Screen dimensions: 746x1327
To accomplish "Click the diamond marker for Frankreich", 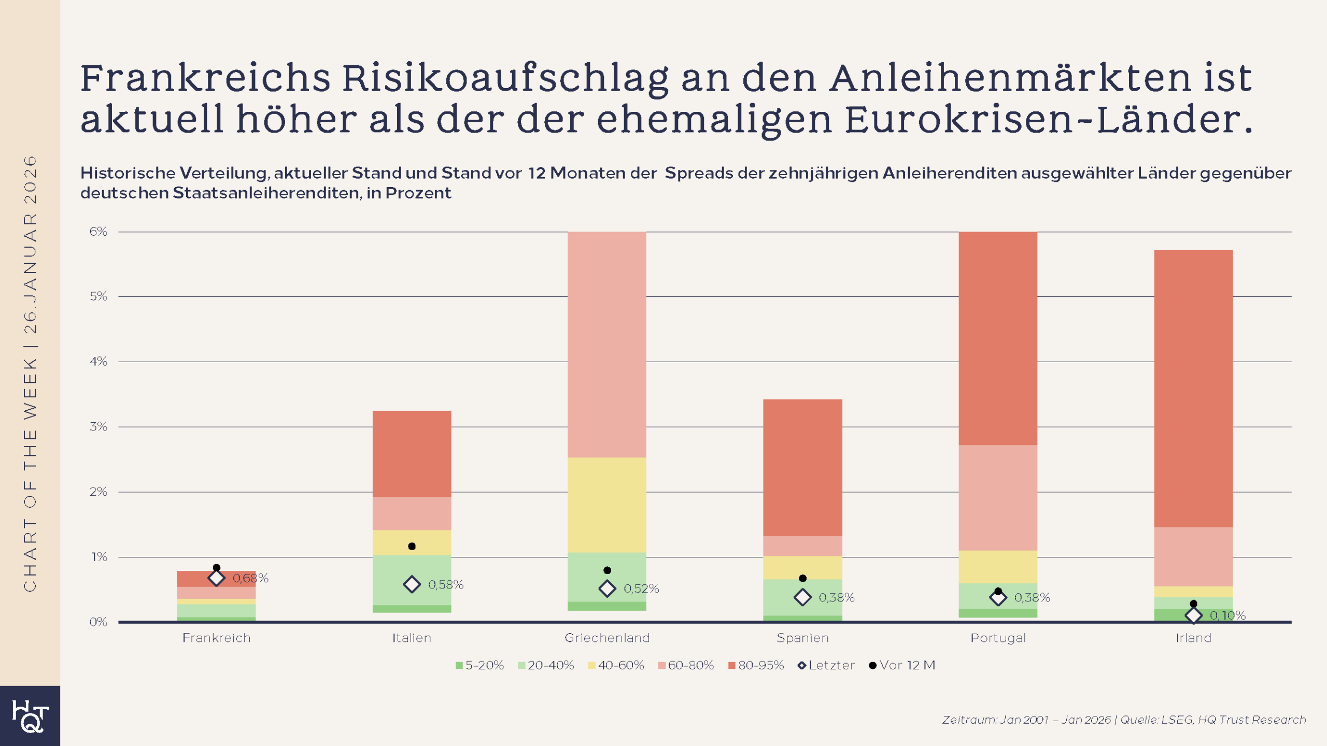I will (216, 578).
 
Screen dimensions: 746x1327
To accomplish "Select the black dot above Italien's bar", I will (412, 546).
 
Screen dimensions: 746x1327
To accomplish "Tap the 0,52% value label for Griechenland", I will (641, 589).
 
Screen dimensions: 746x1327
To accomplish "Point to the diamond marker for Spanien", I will (802, 597).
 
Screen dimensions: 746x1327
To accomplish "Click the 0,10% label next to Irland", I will (1227, 615).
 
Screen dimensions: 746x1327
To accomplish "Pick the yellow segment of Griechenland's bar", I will (606, 505).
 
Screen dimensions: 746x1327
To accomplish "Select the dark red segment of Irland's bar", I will (1193, 389).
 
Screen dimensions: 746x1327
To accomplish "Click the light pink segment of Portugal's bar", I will (998, 497).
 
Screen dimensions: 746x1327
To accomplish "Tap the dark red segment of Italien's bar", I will (412, 453).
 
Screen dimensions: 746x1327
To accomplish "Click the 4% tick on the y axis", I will (98, 361).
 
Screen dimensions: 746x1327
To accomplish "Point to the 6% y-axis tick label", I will (98, 232).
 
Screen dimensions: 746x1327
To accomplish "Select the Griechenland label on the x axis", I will (606, 638).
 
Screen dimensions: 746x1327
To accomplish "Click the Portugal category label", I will (998, 638).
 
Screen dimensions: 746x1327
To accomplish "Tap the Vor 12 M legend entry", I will (902, 665).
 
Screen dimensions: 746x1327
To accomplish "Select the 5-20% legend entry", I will (479, 665).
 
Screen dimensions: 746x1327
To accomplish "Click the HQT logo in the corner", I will (30, 716).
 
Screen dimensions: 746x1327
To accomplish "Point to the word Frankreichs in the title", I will (205, 79).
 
